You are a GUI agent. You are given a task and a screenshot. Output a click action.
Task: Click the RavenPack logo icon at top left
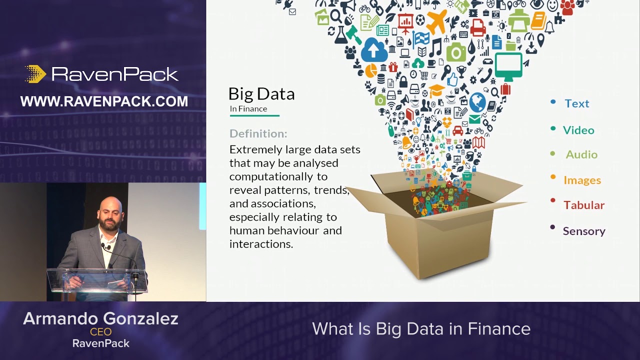(35, 74)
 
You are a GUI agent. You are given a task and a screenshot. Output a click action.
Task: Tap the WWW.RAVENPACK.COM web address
(104, 101)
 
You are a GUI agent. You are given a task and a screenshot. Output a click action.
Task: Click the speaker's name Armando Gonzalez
(100, 318)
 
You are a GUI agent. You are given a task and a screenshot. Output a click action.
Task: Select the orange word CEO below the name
(100, 331)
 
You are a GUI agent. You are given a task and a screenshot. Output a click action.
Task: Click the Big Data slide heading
(261, 93)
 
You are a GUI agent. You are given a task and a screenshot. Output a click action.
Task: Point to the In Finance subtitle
(248, 108)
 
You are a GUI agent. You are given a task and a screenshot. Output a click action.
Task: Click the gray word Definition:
(258, 133)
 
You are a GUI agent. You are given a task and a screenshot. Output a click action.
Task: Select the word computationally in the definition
(278, 176)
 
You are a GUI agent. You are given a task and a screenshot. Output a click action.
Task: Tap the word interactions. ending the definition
(261, 244)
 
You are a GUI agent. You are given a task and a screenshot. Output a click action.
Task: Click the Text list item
(576, 103)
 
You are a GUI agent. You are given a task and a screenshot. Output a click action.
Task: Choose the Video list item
(578, 130)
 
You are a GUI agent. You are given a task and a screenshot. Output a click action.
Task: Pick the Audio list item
(581, 154)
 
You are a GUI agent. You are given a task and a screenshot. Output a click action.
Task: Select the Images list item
(582, 180)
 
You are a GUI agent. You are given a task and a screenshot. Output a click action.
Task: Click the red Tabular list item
(583, 205)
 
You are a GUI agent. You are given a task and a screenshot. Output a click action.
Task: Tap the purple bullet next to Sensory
(552, 227)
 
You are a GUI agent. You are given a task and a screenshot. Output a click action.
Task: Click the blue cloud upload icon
(374, 49)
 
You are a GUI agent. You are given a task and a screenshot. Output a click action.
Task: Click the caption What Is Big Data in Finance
(421, 328)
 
